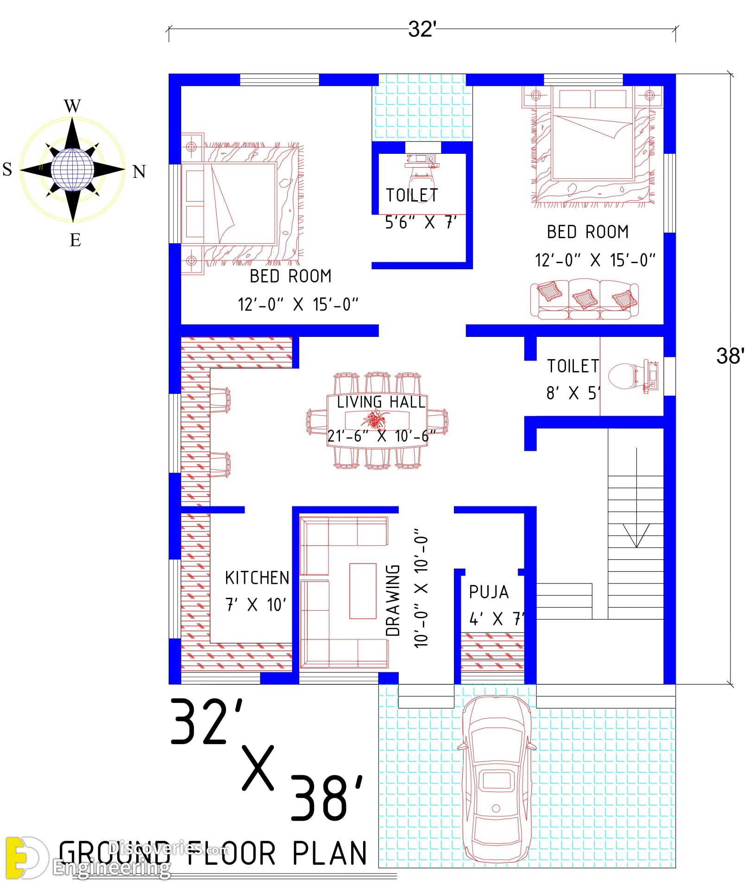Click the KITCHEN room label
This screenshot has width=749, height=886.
[257, 578]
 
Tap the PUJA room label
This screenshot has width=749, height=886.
[489, 592]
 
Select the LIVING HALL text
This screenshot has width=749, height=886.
[381, 402]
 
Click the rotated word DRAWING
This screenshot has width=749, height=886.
[393, 600]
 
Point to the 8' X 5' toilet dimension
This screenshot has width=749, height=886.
[573, 393]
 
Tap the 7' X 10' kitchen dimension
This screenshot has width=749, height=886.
[256, 605]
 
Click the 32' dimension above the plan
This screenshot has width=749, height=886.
[422, 29]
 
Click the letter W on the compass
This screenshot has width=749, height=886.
[72, 106]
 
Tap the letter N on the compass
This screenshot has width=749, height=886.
[139, 172]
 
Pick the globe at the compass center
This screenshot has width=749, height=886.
[72, 170]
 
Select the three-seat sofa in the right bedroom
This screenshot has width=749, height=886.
[584, 299]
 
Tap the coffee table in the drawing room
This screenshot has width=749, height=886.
[363, 591]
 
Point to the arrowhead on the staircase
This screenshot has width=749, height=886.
[636, 536]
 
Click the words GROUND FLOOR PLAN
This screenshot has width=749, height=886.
[213, 854]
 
